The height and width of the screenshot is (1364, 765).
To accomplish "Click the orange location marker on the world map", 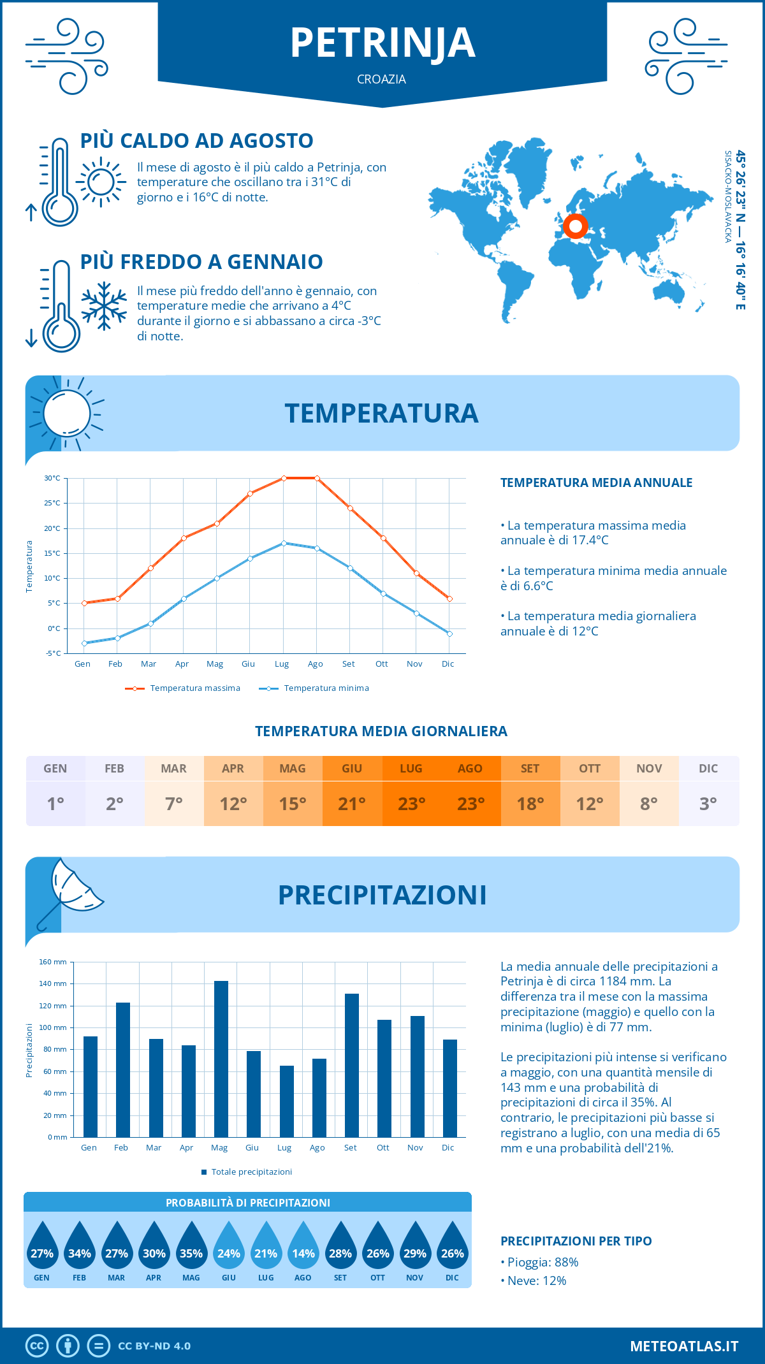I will (x=575, y=226).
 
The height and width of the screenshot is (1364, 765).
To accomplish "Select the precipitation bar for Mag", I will (x=221, y=1059).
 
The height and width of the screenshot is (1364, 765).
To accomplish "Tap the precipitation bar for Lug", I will (x=286, y=1101).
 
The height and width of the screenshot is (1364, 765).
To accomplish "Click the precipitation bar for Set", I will (x=351, y=1065).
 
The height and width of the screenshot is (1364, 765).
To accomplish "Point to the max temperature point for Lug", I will (x=284, y=478).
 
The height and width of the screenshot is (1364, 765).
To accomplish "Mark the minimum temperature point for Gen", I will (x=84, y=643).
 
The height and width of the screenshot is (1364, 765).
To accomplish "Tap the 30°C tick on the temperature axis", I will (x=52, y=478).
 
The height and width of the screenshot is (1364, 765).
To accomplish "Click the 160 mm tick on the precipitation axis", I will (x=53, y=962).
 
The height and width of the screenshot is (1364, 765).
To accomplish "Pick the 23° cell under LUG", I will (x=411, y=804).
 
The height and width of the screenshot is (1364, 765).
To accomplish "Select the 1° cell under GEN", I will (x=55, y=804).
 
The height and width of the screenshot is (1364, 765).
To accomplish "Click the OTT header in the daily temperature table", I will (x=590, y=769).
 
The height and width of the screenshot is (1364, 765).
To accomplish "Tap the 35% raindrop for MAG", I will (x=191, y=1248).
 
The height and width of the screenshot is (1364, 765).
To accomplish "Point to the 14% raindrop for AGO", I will (x=303, y=1248).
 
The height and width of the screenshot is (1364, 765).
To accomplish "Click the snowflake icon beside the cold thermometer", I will (x=104, y=305).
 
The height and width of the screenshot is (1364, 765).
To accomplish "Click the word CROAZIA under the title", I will (x=381, y=79).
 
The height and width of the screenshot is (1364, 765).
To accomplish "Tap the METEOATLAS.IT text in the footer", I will (x=684, y=1346).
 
